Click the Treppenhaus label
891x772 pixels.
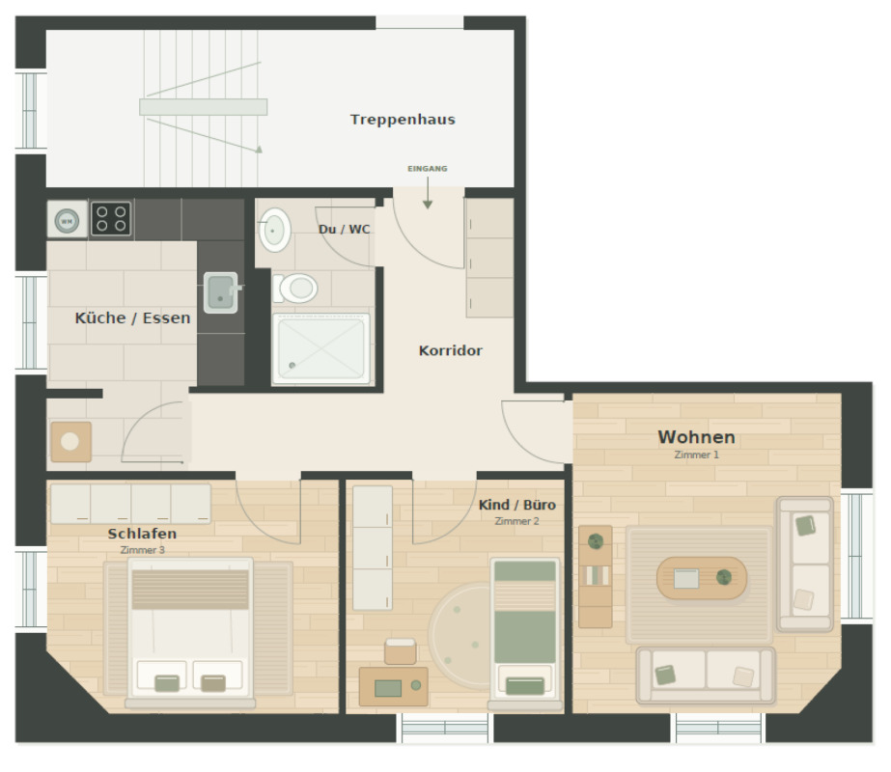(403, 120)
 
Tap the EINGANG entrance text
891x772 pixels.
(428, 169)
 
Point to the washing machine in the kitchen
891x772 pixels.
(67, 219)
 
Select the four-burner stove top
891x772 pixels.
(111, 219)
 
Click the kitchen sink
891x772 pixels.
(220, 292)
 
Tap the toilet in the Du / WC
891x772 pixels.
(295, 289)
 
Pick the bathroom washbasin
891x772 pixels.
(275, 230)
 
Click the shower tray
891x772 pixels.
(321, 347)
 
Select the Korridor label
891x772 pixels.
(451, 350)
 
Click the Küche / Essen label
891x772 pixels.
(132, 318)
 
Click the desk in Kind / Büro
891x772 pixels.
(393, 686)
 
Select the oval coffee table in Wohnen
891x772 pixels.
(701, 578)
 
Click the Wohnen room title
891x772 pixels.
(697, 437)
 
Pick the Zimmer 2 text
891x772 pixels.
(516, 521)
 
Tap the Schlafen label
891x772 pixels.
(142, 534)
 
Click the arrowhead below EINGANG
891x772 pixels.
(428, 205)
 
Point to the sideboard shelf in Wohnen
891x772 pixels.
(595, 576)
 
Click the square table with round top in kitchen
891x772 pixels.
(70, 441)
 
